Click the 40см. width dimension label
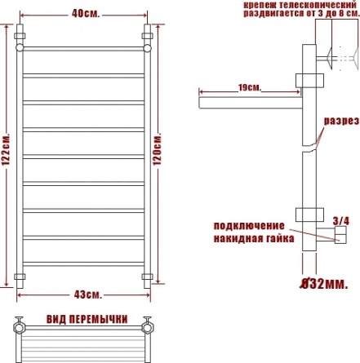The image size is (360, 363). tap(86, 14)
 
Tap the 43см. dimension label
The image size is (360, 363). tap(87, 294)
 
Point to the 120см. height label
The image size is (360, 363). tap(157, 149)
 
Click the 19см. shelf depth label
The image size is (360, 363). tap(250, 87)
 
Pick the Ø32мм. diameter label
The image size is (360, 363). tap(323, 284)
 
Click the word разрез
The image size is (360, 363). tap(341, 121)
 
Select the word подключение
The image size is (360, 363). tap(249, 226)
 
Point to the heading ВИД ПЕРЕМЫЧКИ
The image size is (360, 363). tap(87, 319)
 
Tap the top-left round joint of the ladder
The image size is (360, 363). tap(20, 47)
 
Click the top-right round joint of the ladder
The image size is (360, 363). tap(147, 48)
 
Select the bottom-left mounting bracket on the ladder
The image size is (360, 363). tap(20, 277)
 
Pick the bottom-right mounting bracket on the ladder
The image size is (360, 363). tap(147, 277)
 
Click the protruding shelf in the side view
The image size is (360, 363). tap(251, 103)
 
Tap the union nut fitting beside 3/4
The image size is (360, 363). tap(340, 234)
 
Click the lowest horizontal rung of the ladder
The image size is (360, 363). tap(83, 264)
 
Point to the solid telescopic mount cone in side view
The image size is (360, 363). tap(329, 58)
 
